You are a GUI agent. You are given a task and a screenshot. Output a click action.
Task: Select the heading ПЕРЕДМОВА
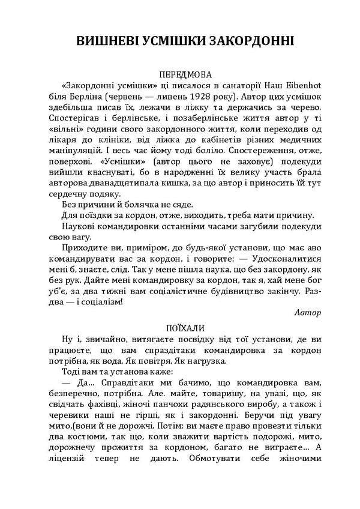pyautogui.click(x=186, y=76)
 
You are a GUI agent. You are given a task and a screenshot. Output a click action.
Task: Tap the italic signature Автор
pyautogui.click(x=308, y=312)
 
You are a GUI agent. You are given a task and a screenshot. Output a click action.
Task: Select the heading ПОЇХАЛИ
pyautogui.click(x=186, y=328)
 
